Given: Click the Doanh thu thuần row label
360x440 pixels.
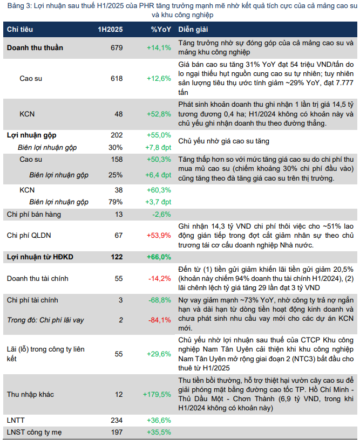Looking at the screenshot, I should (35, 47).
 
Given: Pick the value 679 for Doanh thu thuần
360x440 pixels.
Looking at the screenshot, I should (117, 47).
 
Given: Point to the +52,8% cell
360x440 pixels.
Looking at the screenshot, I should (159, 114).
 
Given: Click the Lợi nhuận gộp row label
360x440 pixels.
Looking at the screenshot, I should (31, 135).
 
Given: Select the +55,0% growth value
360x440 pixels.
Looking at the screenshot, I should (159, 135).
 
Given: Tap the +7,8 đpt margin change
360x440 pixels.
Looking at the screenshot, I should (159, 147).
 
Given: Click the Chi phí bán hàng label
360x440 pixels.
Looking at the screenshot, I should (33, 214).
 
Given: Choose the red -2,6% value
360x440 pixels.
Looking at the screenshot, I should (162, 214).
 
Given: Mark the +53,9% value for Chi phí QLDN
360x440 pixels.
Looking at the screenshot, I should (159, 235).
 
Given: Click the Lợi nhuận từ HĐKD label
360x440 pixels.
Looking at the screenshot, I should (40, 257).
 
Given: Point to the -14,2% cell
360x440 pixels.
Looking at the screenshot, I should (160, 278).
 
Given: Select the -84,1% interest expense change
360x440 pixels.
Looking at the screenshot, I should (160, 320).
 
